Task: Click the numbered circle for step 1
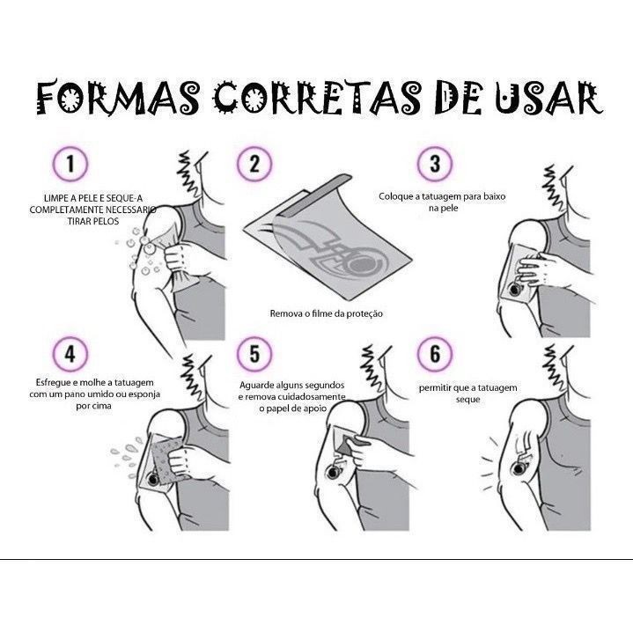pos(70,165)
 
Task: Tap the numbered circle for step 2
pos(254,165)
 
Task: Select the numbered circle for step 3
pos(435,165)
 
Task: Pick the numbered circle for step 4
pos(70,354)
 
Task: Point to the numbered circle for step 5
pos(254,354)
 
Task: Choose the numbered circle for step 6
pos(435,354)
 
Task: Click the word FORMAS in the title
pos(118,98)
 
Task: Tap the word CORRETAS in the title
pos(317,98)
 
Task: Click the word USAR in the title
pos(548,98)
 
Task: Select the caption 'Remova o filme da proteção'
pos(327,313)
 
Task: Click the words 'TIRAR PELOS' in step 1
pos(93,221)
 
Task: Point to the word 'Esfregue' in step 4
pos(54,383)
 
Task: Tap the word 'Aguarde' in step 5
pos(258,386)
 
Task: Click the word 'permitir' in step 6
pos(435,388)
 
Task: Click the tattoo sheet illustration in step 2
pos(328,239)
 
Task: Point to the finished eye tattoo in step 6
pos(519,468)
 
